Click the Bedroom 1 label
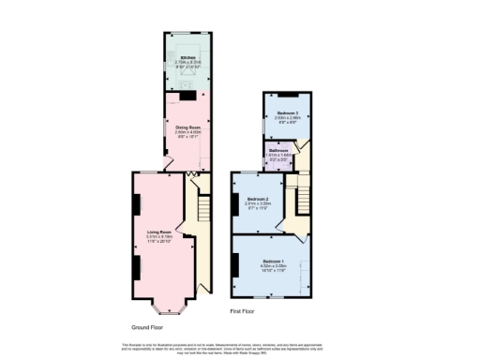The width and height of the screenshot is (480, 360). [274, 260]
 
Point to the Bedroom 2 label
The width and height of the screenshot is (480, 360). [259, 199]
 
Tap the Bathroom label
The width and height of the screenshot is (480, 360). [278, 150]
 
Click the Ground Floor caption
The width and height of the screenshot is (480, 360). [146, 327]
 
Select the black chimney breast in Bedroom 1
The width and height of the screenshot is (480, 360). [234, 263]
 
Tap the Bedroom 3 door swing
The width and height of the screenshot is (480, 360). [293, 145]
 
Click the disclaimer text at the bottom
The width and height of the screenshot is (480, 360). [240, 348]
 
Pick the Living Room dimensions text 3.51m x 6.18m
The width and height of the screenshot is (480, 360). [158, 237]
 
